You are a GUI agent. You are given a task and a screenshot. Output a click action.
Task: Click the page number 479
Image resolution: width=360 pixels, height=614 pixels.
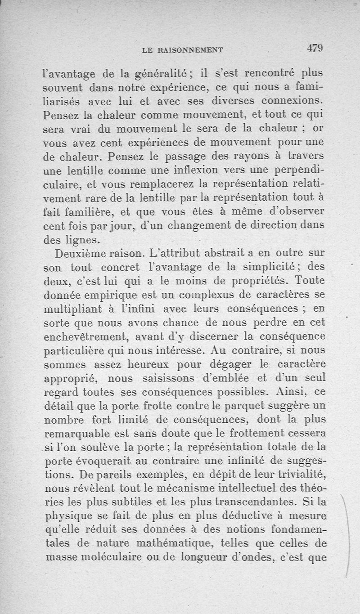point(315,47)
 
